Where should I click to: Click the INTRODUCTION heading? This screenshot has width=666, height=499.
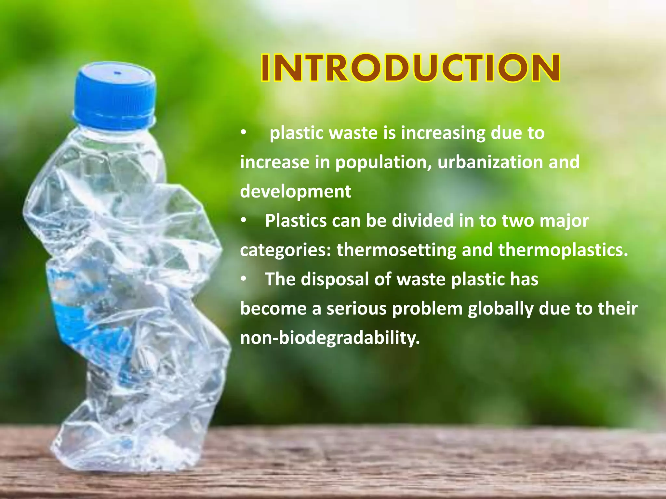[x=410, y=68]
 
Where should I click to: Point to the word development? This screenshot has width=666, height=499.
[x=295, y=192]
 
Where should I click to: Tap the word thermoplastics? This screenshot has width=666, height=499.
[x=563, y=250]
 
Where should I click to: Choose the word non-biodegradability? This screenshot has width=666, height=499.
[x=330, y=338]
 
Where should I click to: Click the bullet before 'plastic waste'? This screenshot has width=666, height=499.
[x=244, y=133]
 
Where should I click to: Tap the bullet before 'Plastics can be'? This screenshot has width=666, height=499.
[x=244, y=221]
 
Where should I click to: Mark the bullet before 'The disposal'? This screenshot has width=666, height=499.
[x=244, y=279]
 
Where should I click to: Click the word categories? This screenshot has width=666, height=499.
[x=285, y=250]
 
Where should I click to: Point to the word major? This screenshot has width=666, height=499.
[x=564, y=221]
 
